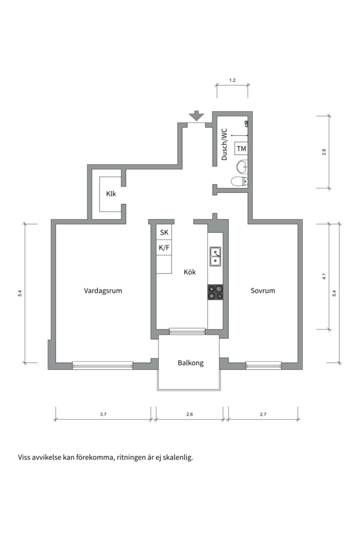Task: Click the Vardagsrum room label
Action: (x=103, y=290)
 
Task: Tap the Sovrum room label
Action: (x=263, y=290)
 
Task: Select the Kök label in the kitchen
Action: (x=190, y=272)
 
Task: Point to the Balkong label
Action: (x=190, y=363)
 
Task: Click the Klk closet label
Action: (x=111, y=194)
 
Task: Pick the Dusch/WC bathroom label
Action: (x=224, y=144)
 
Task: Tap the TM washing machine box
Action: (x=241, y=149)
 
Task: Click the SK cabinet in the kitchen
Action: (x=164, y=232)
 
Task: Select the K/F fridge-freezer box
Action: (x=164, y=247)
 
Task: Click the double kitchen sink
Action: (x=215, y=256)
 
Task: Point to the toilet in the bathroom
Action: (x=239, y=181)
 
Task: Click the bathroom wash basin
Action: (x=242, y=167)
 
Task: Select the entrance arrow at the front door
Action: (x=196, y=115)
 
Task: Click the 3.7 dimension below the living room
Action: (x=103, y=414)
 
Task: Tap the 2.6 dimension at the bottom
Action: (x=189, y=414)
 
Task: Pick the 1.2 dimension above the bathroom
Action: (x=232, y=80)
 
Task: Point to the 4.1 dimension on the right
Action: (x=324, y=276)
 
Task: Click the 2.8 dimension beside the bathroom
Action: (x=324, y=152)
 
